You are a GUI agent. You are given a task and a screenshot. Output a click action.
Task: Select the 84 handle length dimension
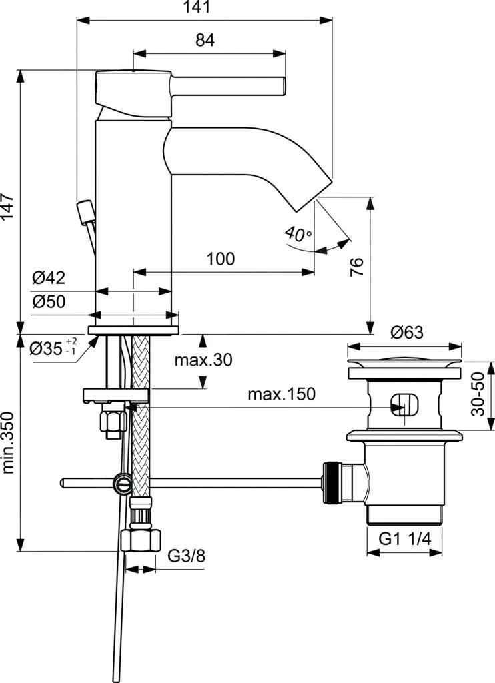[205, 40]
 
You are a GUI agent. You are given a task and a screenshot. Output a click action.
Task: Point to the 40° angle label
[297, 234]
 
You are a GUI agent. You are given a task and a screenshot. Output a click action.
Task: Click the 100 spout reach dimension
[220, 259]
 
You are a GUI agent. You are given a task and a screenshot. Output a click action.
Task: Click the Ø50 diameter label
[49, 301]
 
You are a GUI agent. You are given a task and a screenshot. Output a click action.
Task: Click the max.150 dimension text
[282, 394]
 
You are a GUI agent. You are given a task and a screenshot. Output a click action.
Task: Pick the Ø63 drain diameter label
[407, 333]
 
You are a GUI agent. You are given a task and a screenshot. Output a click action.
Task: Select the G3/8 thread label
[185, 556]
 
